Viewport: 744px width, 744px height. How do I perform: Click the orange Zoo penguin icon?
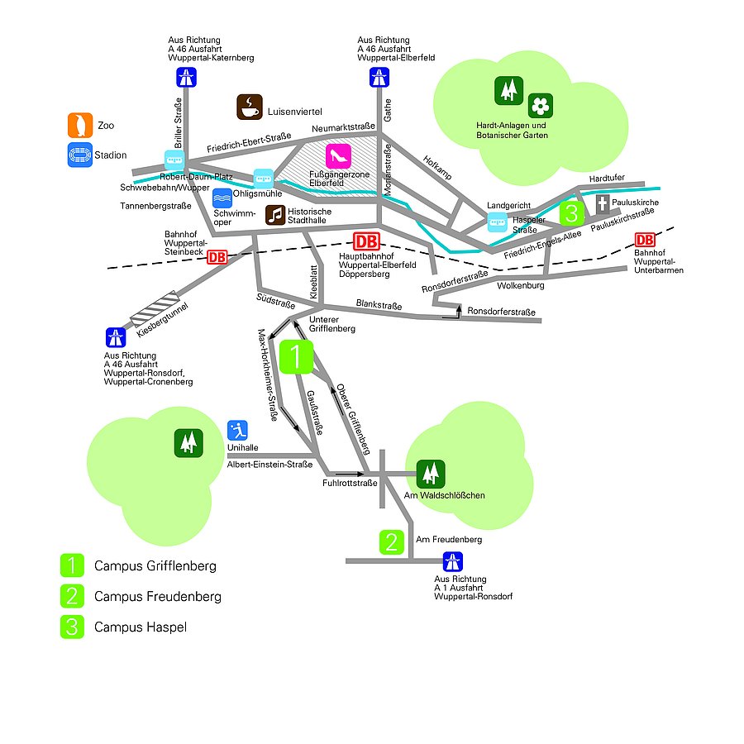pos(80,125)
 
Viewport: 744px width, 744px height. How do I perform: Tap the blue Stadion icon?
pos(80,155)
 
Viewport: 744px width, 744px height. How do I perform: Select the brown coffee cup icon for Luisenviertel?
pos(250,107)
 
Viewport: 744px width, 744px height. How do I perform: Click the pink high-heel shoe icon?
pos(339,155)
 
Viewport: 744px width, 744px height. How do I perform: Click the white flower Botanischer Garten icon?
pos(540,105)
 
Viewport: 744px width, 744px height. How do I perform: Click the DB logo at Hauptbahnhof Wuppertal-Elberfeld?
pos(366,241)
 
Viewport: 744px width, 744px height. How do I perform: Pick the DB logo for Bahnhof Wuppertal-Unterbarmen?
pos(645,240)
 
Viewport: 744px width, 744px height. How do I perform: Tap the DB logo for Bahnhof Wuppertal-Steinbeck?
pos(217,256)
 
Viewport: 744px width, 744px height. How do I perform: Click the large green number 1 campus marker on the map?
pos(297,357)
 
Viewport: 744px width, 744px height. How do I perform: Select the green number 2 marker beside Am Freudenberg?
pos(392,542)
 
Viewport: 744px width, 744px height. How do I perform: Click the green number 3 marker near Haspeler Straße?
pos(571,212)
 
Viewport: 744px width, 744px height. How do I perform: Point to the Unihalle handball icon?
pos(238,432)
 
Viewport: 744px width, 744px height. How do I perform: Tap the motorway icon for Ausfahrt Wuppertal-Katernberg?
pos(185,78)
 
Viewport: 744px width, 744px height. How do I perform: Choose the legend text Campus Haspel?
pos(141,627)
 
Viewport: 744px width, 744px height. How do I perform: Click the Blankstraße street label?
pos(379,305)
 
